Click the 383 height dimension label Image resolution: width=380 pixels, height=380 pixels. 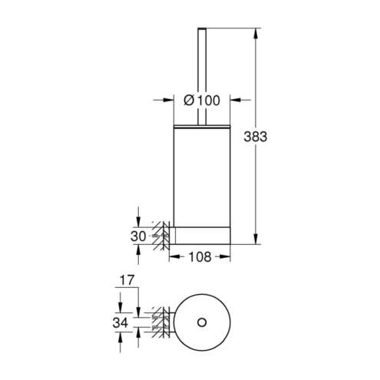pos(255,137)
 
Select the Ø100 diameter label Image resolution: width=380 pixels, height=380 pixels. pos(202,101)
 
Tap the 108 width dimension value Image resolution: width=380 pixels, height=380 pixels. pos(200,257)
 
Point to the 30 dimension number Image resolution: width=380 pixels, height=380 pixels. pos(138,236)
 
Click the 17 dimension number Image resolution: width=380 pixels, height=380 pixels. pos(127,280)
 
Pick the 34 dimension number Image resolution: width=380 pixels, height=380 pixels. pos(121,322)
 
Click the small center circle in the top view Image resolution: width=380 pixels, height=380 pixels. pos(202,322)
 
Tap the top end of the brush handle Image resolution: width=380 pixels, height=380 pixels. pos(202,28)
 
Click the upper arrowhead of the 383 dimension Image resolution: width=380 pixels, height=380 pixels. pos(255,33)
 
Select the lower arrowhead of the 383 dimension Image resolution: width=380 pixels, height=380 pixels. pos(255,239)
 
